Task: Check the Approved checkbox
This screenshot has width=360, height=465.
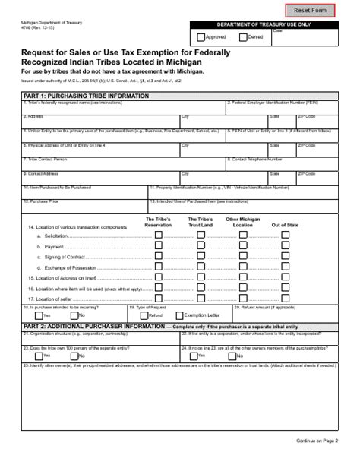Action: coord(201,36)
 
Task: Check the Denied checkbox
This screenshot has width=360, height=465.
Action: coord(242,36)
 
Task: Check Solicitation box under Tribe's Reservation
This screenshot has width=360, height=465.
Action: coord(158,236)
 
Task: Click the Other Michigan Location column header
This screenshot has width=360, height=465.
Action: coord(242,223)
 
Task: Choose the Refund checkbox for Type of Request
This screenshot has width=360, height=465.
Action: coord(144,315)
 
